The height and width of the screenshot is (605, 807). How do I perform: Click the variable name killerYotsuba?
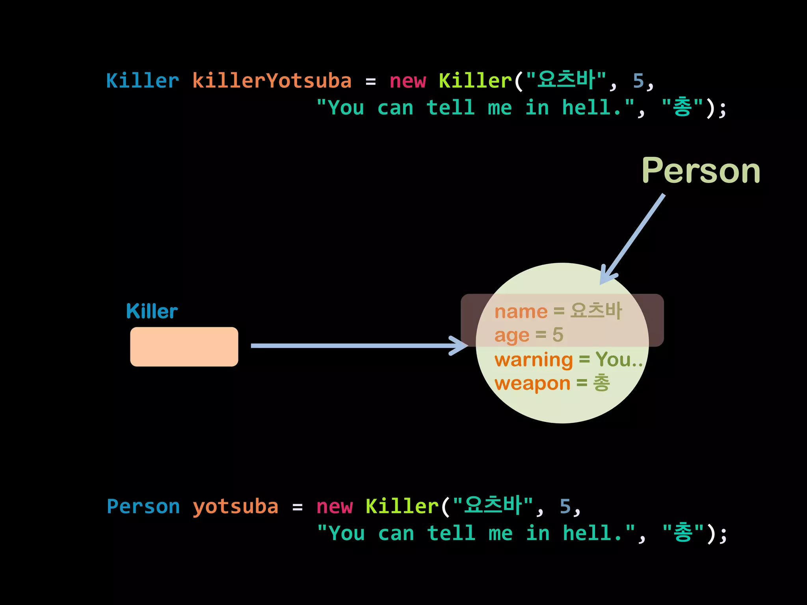coord(271,81)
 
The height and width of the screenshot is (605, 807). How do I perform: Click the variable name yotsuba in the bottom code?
coord(235,507)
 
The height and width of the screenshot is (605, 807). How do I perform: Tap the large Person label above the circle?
coord(701,171)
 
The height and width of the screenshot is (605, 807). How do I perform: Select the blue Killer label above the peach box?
coord(152,311)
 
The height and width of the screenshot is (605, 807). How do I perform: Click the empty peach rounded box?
coord(184,347)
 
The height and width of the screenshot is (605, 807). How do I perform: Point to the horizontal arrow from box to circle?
coord(355,346)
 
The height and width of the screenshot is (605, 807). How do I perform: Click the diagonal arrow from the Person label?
coord(634,236)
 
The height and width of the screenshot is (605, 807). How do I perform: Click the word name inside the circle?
coord(521,312)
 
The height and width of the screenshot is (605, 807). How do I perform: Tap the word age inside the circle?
coord(511,336)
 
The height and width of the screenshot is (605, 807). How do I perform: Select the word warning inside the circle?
coord(533,360)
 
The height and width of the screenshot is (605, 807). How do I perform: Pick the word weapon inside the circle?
coord(532,383)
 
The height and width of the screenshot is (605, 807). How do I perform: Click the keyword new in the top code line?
coord(407,81)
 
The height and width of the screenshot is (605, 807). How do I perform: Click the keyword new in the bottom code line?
coord(334,507)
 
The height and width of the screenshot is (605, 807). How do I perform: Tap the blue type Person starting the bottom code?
coord(143,507)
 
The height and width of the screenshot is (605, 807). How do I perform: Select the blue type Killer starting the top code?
coord(142,81)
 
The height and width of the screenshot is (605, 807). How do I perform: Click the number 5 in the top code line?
coord(638,81)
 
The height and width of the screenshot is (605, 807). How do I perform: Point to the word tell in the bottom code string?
coord(451,533)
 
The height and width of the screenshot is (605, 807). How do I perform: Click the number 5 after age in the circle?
coord(558,335)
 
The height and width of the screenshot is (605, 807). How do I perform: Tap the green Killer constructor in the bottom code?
coord(402,507)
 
